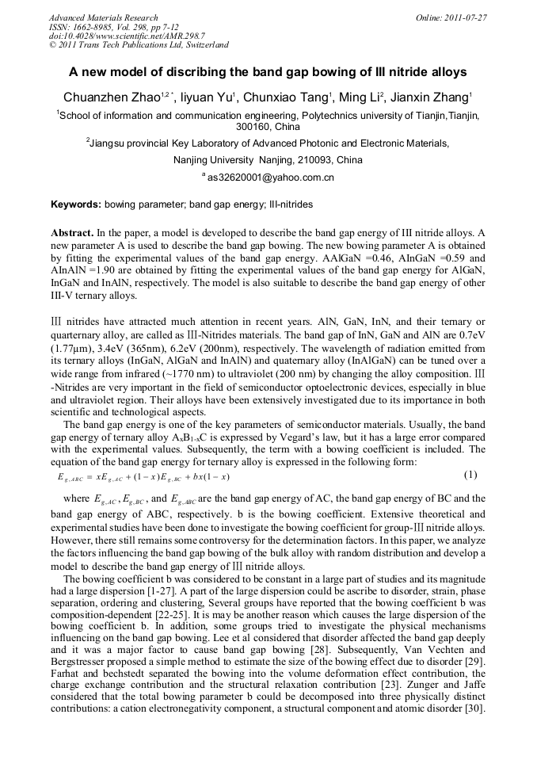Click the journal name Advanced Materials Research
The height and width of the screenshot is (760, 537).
103,17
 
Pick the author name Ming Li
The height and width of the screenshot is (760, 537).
360,98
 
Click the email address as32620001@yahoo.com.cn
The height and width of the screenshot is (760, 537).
269,178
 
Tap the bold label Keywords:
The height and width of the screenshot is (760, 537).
76,204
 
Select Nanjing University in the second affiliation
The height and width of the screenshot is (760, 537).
210,160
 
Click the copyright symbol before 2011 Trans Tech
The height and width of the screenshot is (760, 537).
52,45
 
